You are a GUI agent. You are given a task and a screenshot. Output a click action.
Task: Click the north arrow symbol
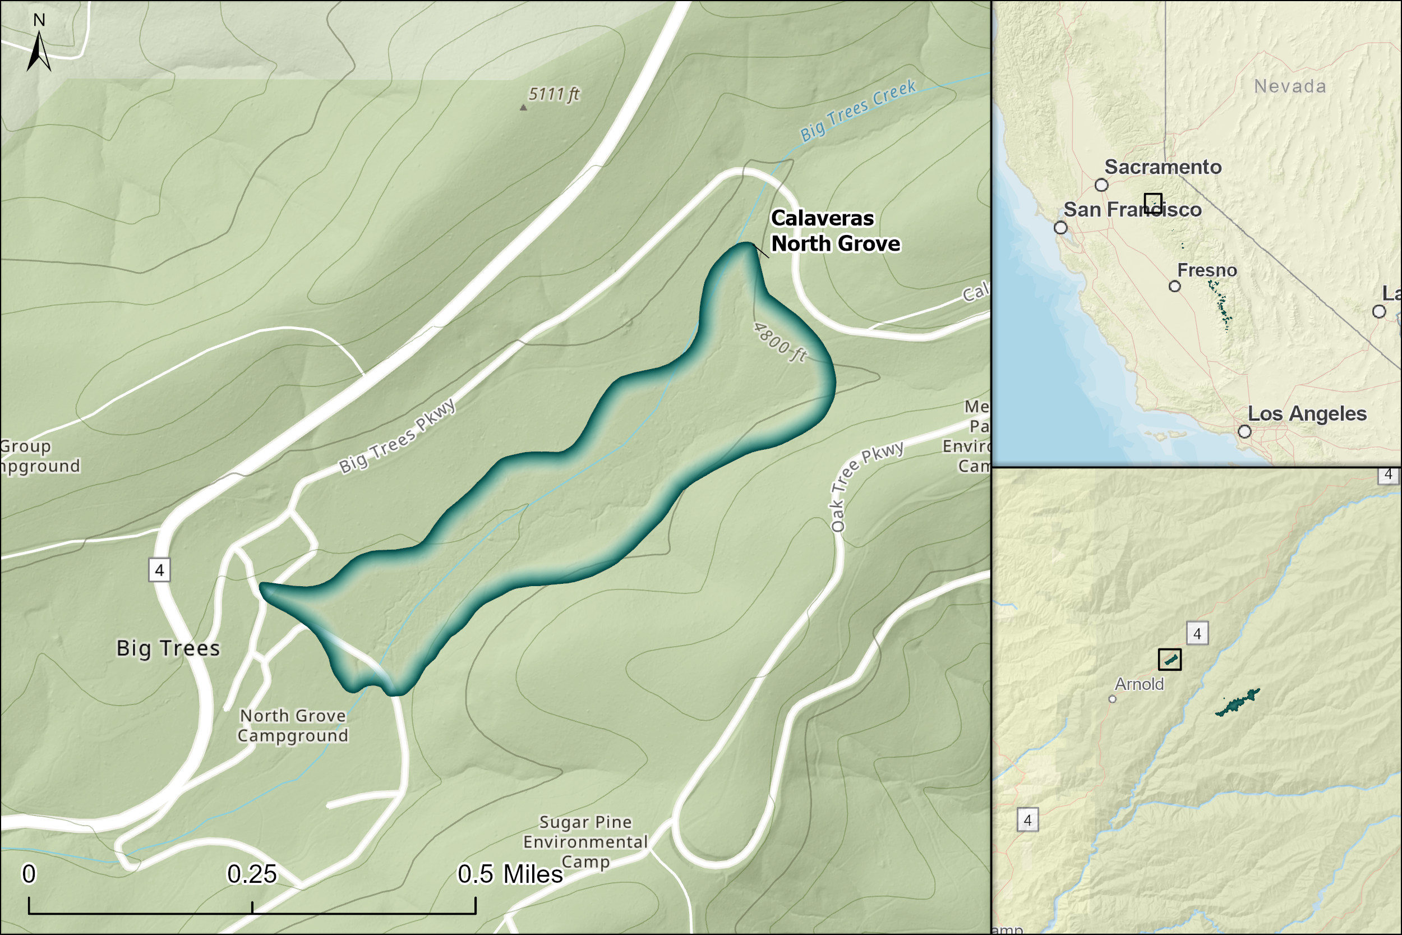point(39,50)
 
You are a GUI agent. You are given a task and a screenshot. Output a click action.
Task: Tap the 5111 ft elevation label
point(554,94)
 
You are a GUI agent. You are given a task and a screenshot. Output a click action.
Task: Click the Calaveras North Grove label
point(834,231)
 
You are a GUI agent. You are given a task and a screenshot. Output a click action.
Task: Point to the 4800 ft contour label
point(780,343)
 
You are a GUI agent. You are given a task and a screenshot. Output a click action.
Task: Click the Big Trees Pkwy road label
point(398,436)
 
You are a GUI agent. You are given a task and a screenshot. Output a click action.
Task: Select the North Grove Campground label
point(293,726)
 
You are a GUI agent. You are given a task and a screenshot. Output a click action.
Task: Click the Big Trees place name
point(168,648)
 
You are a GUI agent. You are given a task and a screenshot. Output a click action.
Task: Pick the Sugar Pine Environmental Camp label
point(585,842)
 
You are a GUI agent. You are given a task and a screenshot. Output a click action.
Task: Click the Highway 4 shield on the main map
point(159,570)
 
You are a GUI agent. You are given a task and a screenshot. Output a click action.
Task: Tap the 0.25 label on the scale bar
point(252,874)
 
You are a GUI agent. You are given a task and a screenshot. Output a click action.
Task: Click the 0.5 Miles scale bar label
point(510,874)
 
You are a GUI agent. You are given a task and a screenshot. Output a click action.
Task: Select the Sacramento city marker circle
point(1101,185)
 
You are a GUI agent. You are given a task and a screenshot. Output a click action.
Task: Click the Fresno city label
point(1207,270)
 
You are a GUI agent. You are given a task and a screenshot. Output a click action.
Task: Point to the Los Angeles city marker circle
point(1244,431)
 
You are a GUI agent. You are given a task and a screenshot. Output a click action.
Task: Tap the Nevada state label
point(1290,86)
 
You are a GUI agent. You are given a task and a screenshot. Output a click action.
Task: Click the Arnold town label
point(1139,684)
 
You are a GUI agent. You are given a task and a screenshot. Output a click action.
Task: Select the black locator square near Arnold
point(1169,660)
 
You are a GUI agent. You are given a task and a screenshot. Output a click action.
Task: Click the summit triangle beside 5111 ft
point(523,108)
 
